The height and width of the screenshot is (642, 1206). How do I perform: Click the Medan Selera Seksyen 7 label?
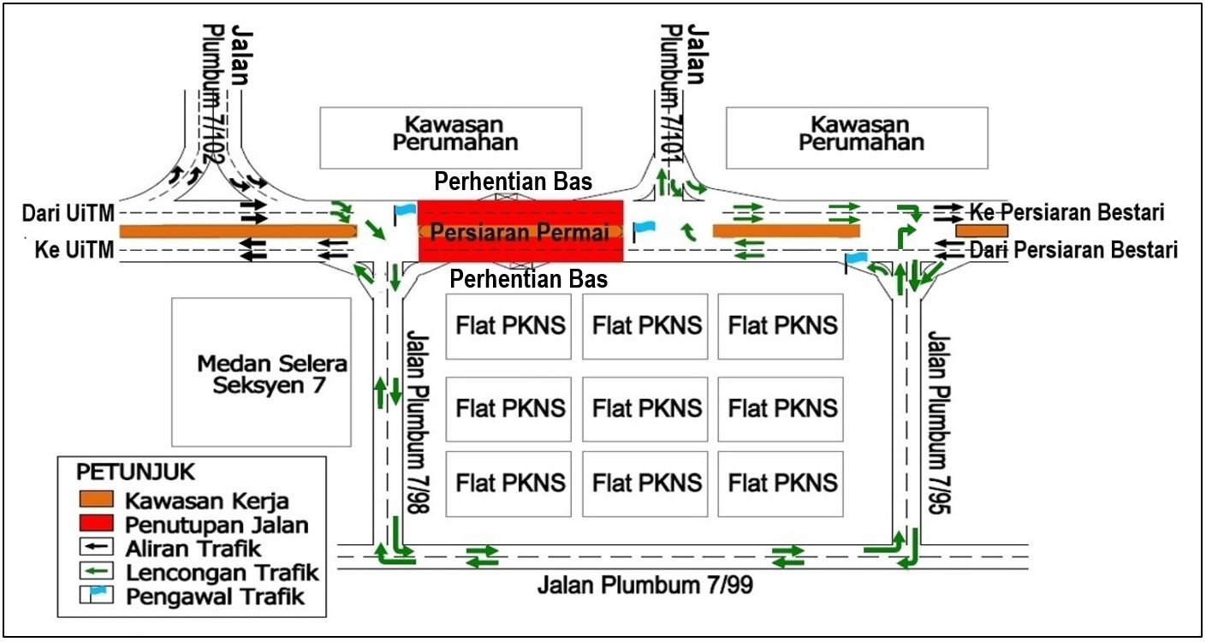point(272,374)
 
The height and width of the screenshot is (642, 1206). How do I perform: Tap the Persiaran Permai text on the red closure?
point(520,232)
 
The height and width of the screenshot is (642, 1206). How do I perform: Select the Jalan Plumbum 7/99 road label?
point(645,585)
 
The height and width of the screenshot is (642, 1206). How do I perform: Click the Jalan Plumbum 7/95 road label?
point(939,422)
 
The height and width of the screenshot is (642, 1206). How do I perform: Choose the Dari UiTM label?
point(68,213)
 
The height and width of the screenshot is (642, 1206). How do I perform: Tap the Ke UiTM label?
point(74,250)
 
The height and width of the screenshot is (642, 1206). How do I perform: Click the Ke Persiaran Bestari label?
point(1066,212)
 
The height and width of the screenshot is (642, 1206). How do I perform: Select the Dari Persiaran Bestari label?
point(1073,250)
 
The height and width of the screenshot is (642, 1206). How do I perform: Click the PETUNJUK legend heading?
point(135,472)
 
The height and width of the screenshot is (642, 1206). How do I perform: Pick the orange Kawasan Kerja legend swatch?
point(97,499)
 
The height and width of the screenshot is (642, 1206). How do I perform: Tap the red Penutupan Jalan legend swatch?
point(97,523)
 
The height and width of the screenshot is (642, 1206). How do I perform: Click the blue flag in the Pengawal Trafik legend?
point(98,591)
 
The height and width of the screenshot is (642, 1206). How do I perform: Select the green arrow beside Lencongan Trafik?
point(97,570)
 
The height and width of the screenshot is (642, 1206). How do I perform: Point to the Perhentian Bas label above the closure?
point(513,182)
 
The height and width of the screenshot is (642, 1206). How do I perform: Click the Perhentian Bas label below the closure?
point(528,279)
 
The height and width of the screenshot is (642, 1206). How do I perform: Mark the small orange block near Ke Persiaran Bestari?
point(982,231)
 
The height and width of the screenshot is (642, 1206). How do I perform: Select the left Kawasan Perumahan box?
point(450,138)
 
